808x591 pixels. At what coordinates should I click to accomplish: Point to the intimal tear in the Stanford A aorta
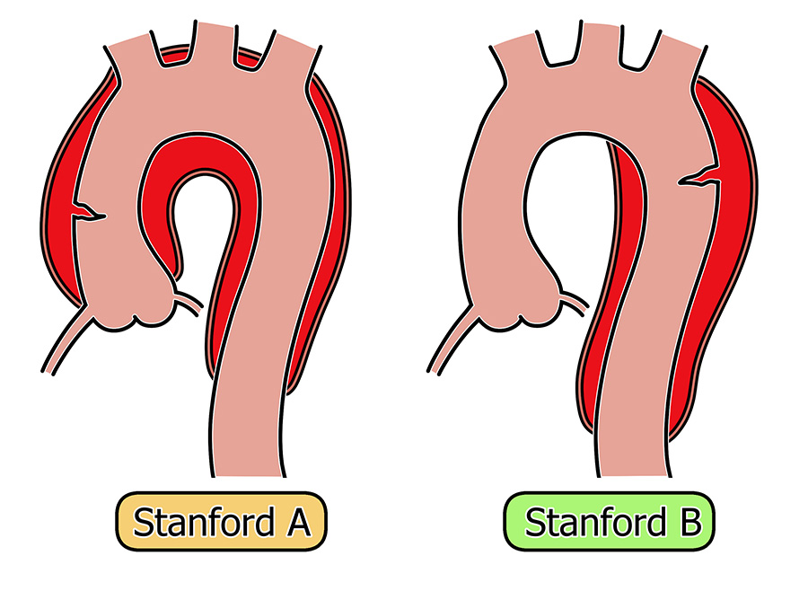[88, 214]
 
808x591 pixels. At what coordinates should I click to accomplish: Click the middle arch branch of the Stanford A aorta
[198, 40]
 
